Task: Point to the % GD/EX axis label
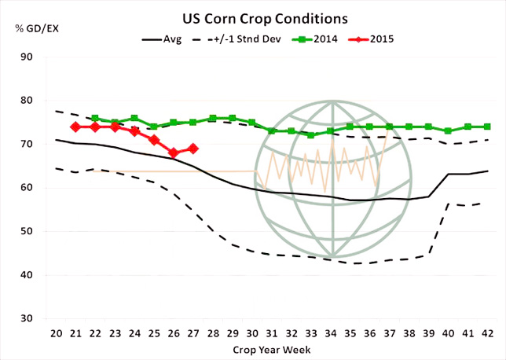pos(30,29)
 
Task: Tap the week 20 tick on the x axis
pos(56,333)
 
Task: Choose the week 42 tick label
pos(487,333)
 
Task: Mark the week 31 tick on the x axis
pos(272,333)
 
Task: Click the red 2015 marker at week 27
pos(193,149)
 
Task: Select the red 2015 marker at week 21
pos(75,127)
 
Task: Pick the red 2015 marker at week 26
pos(174,152)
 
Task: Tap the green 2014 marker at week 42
pos(487,127)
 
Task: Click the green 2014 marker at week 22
pos(95,118)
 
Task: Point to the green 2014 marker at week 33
pos(311,135)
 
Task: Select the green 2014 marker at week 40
pos(448,131)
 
